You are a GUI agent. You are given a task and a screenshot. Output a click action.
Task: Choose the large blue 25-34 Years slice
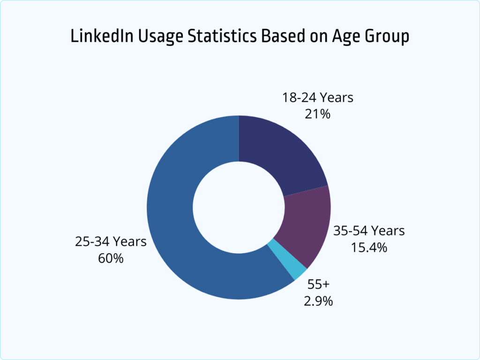(178, 225)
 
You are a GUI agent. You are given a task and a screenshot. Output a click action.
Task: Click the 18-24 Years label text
(317, 98)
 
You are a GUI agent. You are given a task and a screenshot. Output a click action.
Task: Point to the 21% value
(317, 113)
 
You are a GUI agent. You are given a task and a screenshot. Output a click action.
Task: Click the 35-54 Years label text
(369, 231)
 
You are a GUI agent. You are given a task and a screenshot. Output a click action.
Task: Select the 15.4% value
(369, 247)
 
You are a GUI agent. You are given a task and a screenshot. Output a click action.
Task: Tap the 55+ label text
(319, 285)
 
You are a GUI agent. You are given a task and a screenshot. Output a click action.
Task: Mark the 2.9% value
(319, 300)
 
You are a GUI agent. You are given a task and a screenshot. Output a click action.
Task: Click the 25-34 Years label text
(111, 242)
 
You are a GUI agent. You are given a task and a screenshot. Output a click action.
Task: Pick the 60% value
(111, 258)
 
